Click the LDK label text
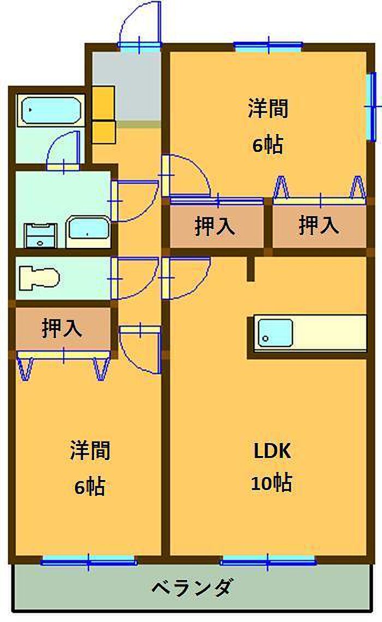pos(272,452)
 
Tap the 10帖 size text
pos(271,483)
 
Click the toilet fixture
pos(38,278)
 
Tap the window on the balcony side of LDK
pos(268,560)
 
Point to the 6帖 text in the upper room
pos(267,145)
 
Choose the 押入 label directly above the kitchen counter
pos(319,226)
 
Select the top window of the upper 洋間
pos(268,46)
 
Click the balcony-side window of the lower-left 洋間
pos(88,560)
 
